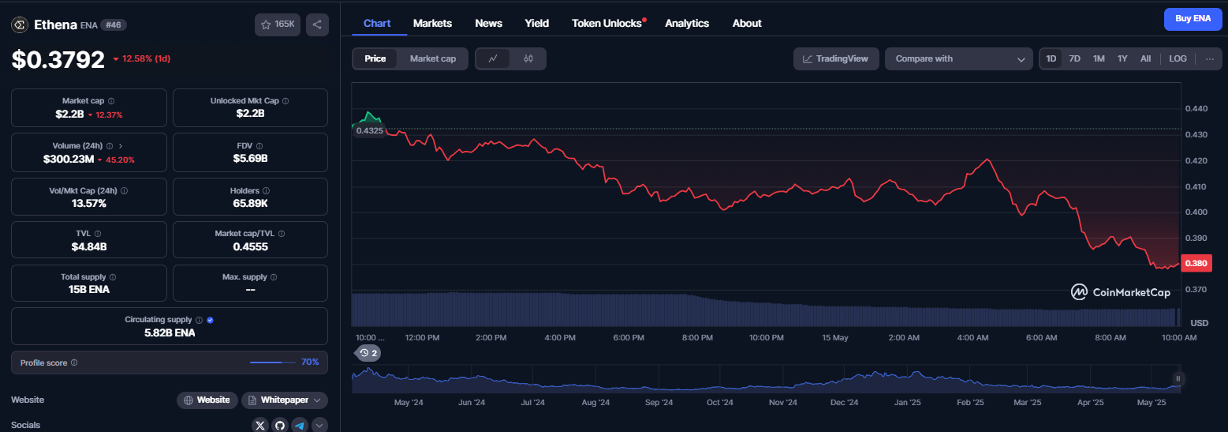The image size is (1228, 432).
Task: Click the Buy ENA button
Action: [1193, 19]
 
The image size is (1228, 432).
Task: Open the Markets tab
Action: [432, 23]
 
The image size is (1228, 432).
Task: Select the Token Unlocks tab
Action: [607, 23]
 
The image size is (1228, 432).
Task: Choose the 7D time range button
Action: [1074, 58]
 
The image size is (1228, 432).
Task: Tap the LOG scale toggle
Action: [1178, 58]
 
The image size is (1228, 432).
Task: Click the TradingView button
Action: [835, 58]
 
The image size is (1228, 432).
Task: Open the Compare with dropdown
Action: [958, 58]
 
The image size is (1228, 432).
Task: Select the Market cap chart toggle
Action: [432, 58]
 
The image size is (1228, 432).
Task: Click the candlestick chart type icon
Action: [528, 58]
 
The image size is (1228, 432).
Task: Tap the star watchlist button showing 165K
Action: [278, 24]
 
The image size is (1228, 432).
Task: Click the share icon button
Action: [317, 24]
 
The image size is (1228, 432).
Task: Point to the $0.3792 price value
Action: [58, 59]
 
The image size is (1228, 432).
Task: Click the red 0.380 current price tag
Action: [1196, 264]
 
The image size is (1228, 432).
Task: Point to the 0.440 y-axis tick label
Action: [1196, 109]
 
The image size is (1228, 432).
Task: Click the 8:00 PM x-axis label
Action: [697, 337]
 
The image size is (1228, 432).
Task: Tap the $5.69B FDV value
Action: [250, 159]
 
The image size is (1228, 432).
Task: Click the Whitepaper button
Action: [285, 400]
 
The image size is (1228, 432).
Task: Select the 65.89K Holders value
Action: [250, 204]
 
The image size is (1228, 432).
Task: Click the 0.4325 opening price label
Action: [369, 130]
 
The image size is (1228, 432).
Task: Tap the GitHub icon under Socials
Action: [280, 426]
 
